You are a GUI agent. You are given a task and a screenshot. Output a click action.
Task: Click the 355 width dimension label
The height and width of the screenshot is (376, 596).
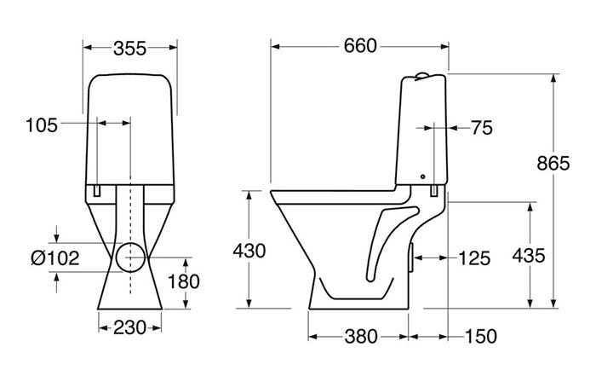pos(129,48)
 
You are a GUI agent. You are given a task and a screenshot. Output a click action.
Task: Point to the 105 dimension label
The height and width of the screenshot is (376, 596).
pos(42,125)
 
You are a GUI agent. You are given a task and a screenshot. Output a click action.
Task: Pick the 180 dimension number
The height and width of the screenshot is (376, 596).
pos(183,282)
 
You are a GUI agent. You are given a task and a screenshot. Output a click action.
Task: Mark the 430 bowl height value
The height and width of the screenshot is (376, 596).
pos(249,251)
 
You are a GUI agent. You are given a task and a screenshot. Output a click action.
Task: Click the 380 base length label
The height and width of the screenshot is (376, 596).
pos(359,336)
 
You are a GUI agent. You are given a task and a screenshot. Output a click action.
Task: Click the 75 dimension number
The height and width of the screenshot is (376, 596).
pos(481,128)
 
